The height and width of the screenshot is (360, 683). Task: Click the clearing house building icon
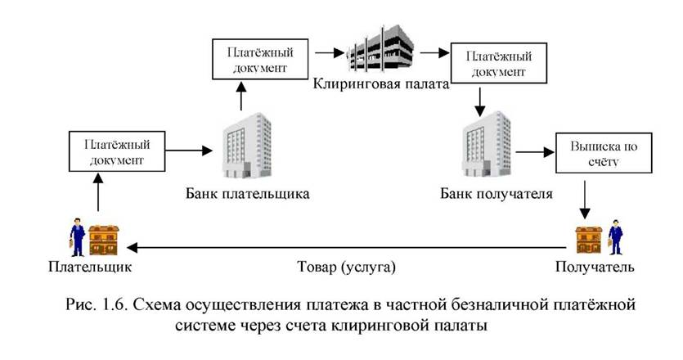point(380,48)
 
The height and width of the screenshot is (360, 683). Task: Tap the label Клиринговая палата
point(380,83)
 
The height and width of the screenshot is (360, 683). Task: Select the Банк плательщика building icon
point(246,146)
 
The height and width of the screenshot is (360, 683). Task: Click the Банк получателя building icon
point(486,144)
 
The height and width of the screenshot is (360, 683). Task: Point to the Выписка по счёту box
point(604,153)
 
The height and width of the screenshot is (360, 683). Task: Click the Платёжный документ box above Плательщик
point(117,151)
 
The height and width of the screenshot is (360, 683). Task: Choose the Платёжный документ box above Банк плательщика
point(260,59)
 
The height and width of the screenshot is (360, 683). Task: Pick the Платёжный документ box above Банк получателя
point(498,63)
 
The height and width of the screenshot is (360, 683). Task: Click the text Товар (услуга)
point(346,266)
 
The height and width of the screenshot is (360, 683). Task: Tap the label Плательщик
point(90,266)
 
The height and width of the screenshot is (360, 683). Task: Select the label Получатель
point(595,266)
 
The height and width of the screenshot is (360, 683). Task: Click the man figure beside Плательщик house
point(77,237)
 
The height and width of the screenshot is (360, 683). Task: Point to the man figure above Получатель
point(615,237)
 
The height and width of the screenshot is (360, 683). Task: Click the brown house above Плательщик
point(104,240)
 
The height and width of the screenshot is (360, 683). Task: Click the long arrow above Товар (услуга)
point(347,248)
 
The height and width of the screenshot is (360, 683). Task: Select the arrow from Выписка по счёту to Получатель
point(585,200)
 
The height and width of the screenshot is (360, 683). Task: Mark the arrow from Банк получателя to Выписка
point(535,152)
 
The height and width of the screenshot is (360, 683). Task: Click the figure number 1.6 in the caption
point(115,304)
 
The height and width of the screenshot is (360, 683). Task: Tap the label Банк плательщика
point(247,194)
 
